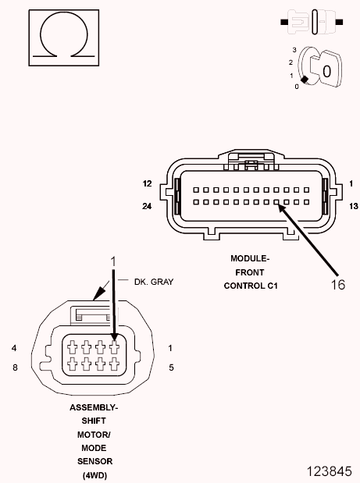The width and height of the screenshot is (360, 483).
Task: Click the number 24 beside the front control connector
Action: pos(147,207)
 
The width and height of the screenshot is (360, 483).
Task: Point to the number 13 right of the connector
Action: pos(353,207)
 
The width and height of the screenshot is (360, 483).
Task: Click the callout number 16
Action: pos(337,285)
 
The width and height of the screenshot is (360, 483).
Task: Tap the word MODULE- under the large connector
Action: pos(250,258)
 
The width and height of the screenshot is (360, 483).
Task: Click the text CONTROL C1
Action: pos(251,286)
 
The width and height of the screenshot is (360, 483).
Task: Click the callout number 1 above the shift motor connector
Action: pos(113,260)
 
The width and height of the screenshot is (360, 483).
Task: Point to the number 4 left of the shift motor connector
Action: pos(14,347)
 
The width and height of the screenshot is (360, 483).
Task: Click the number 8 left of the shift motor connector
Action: pos(14,366)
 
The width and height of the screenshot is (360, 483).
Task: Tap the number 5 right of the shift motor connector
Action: pos(171,366)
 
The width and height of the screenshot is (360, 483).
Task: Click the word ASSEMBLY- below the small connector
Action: pos(94,408)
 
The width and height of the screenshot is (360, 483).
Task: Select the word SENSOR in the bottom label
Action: pos(94,461)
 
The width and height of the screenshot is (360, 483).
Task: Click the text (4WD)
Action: pos(94,474)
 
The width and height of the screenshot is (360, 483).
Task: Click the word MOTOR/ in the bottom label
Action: pos(94,435)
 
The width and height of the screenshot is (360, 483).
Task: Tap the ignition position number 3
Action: pos(294,49)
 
